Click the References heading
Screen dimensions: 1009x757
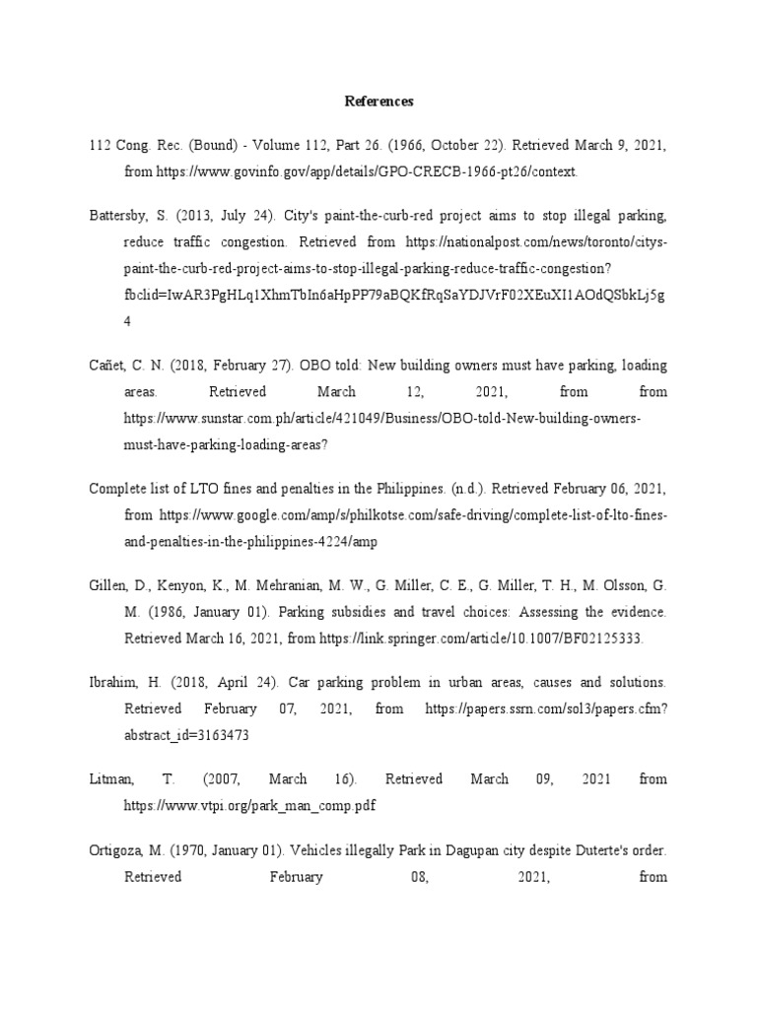tap(378, 101)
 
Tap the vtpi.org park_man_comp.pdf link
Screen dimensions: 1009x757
tap(249, 805)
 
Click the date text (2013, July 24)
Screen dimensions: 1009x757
tap(225, 216)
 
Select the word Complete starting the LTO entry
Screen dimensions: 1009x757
tap(118, 489)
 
